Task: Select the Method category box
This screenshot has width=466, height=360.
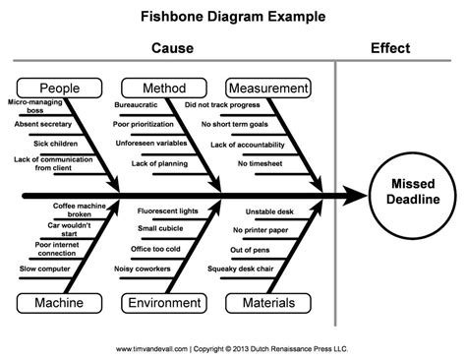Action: coord(162,88)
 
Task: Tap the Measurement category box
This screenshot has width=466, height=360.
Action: coord(268,88)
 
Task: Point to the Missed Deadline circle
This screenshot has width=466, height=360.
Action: coord(409,193)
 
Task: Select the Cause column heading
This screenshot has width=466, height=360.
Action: coord(172,47)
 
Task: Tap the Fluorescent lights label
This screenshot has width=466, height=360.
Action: coord(167,211)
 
